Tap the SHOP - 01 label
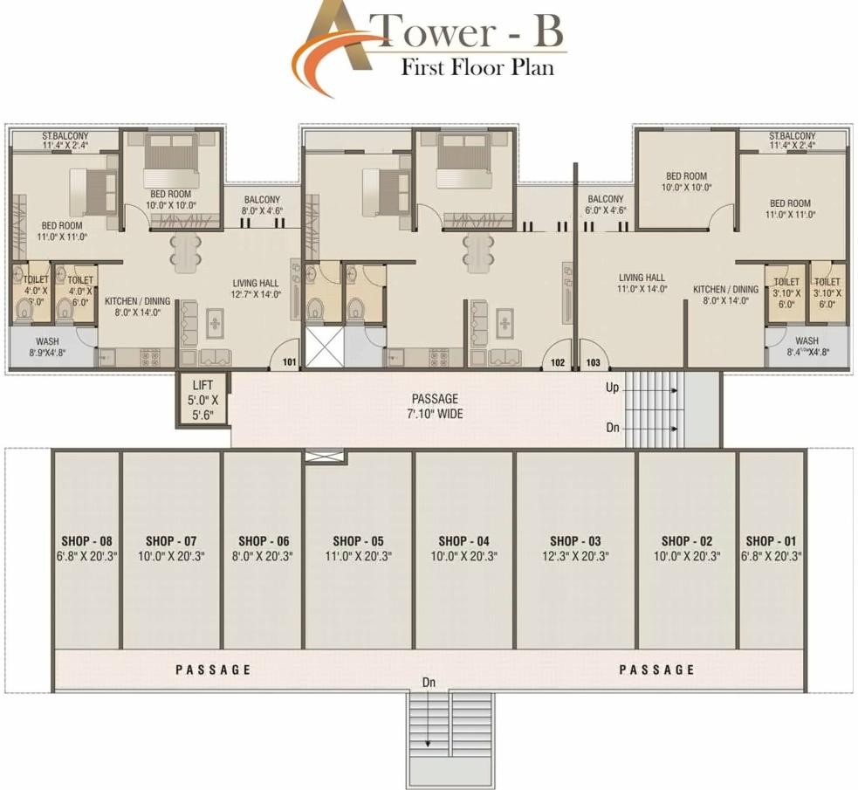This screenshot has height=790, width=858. point(772,540)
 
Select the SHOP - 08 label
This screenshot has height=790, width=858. point(86,540)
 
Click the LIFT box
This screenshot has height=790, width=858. point(203,399)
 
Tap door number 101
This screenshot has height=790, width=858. point(290,361)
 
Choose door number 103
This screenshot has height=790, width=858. point(594,361)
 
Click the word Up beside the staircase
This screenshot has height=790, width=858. point(613,386)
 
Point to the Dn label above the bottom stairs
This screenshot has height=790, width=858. point(429,681)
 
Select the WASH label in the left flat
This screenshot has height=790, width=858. point(47,341)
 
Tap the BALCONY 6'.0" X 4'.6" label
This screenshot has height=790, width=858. point(606,204)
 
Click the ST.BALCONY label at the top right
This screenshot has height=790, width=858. point(792,136)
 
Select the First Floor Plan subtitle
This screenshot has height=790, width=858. point(477,67)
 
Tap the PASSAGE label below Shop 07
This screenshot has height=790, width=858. point(213,670)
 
